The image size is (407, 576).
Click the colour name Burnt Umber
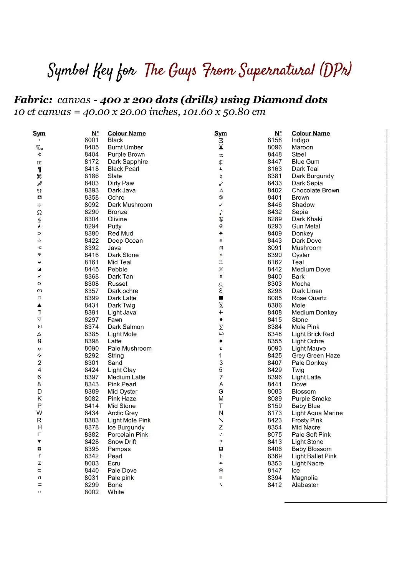pyautogui.click(x=125, y=147)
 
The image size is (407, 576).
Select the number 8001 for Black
pyautogui.click(x=91, y=140)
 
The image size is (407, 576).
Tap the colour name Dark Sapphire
pyautogui.click(x=127, y=162)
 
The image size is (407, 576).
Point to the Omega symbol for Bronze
pyautogui.click(x=39, y=212)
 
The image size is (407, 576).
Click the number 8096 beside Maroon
pyautogui.click(x=275, y=147)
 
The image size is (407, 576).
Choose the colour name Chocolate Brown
pyautogui.click(x=315, y=190)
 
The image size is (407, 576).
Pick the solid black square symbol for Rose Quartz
pyautogui.click(x=221, y=298)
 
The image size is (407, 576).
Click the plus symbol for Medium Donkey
pyautogui.click(x=221, y=313)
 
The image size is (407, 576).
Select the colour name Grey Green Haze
pyautogui.click(x=316, y=356)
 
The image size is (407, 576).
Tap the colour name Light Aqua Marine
pyautogui.click(x=317, y=413)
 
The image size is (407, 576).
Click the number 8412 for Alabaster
pyautogui.click(x=275, y=485)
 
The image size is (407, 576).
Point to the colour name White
pyautogui.click(x=116, y=492)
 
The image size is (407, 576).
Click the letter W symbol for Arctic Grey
pyautogui.click(x=39, y=413)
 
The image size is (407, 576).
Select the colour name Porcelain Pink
pyautogui.click(x=128, y=435)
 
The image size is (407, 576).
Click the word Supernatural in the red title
pyautogui.click(x=276, y=71)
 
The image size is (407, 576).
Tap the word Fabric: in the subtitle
pyautogui.click(x=33, y=100)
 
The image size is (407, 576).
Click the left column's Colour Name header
pyautogui.click(x=127, y=134)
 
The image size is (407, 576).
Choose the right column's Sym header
pyautogui.click(x=220, y=134)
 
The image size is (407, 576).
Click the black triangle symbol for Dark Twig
pyautogui.click(x=39, y=305)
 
